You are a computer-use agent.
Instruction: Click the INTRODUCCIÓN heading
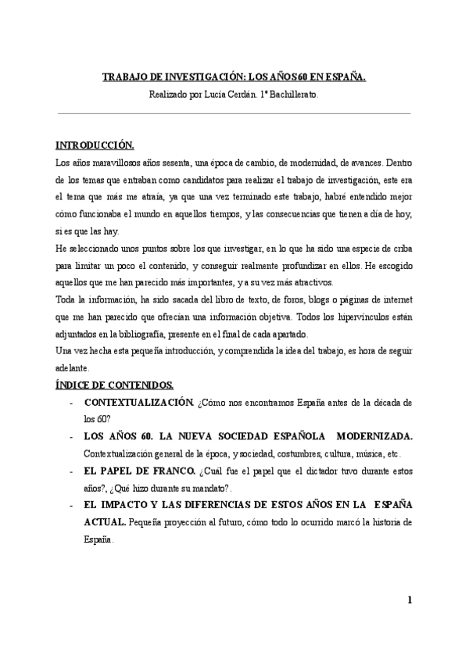click(x=95, y=147)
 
